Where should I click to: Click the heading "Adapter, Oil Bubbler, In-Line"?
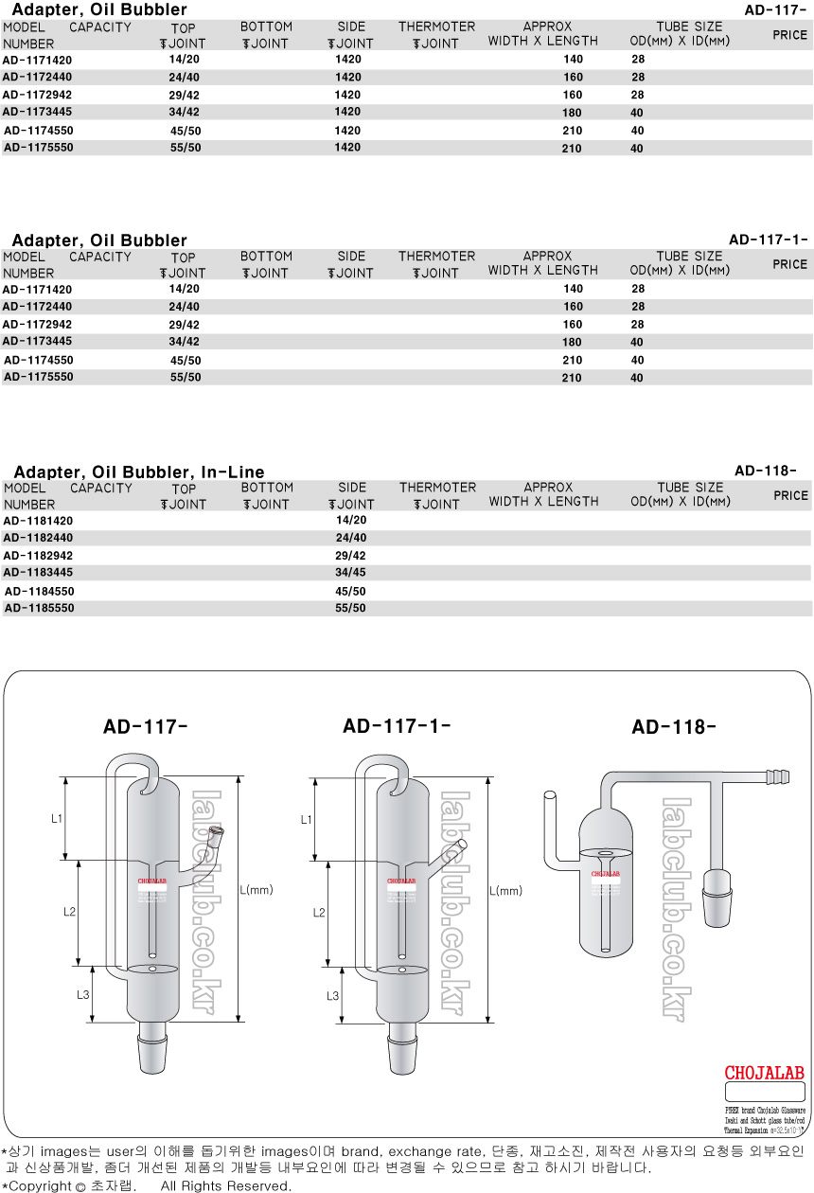[x=139, y=472]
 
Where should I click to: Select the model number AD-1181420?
[x=38, y=521]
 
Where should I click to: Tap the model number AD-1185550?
[x=39, y=608]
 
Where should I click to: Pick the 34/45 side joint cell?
[x=350, y=573]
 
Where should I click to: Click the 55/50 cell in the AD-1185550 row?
[x=350, y=608]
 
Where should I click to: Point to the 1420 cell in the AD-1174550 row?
[x=347, y=131]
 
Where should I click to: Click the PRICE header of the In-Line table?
[x=790, y=495]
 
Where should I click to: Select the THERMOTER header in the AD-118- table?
[x=437, y=488]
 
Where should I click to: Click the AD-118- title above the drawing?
[x=674, y=727]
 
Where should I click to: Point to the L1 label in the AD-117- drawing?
[x=57, y=818]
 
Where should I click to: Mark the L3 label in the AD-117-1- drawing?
[x=332, y=995]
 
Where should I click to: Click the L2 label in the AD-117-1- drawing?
[x=319, y=912]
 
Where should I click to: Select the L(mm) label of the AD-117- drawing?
[x=257, y=890]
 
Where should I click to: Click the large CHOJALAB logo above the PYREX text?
[x=764, y=1073]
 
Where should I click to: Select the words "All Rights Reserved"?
[x=225, y=1185]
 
